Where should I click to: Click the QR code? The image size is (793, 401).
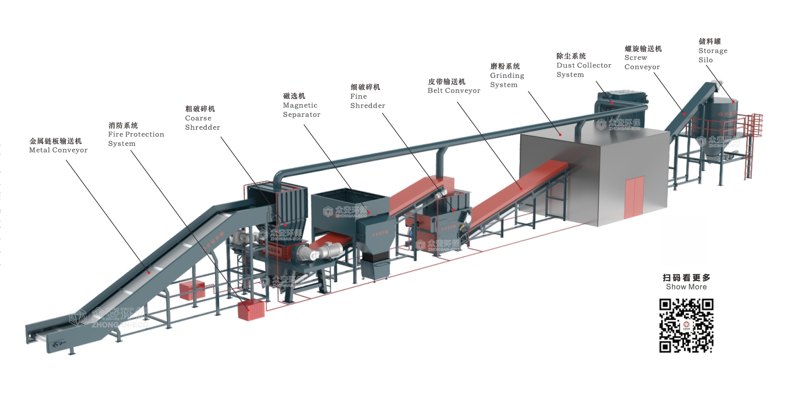[686, 325]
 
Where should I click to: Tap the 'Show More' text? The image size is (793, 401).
[686, 287]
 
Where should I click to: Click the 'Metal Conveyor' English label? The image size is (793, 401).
[58, 150]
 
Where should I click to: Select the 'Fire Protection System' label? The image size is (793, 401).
[136, 139]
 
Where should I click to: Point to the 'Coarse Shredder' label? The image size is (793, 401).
[202, 123]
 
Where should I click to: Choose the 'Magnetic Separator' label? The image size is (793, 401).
[301, 110]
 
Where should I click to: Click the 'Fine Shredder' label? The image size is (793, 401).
[368, 101]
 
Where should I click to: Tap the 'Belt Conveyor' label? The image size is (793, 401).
[454, 90]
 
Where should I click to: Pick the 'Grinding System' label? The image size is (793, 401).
[507, 80]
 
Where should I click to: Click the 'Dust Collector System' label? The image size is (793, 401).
[584, 70]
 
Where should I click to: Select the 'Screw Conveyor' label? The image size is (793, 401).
[642, 62]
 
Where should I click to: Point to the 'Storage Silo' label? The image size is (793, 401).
[713, 55]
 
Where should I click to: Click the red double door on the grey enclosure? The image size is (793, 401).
[634, 197]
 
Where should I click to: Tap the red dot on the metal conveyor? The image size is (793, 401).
[149, 273]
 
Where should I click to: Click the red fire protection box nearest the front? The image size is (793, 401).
[251, 311]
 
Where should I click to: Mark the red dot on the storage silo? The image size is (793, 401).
[733, 102]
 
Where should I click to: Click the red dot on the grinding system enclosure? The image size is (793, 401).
[560, 135]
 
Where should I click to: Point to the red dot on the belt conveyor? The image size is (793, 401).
[521, 189]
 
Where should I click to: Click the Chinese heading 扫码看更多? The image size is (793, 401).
[686, 277]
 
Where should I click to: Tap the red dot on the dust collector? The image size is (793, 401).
[612, 103]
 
